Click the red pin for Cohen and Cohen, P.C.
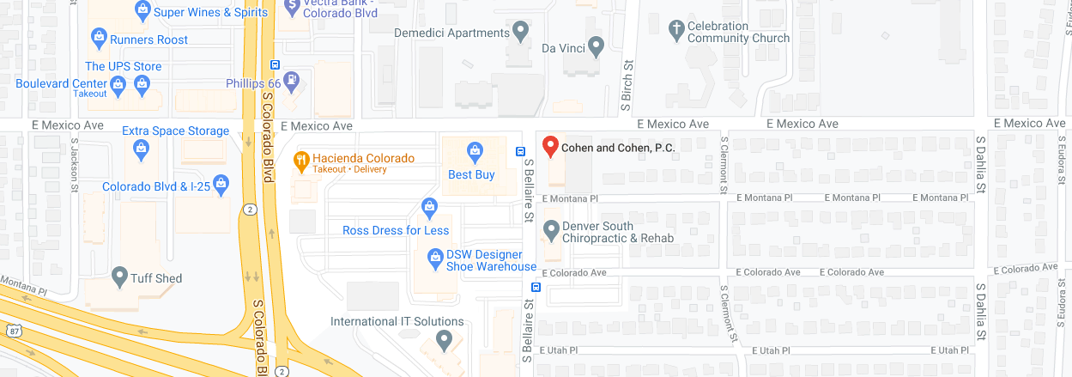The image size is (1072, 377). pyautogui.click(x=550, y=147)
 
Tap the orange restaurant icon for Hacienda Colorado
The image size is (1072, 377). pyautogui.click(x=301, y=159)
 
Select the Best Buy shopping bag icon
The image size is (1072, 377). pyautogui.click(x=473, y=152)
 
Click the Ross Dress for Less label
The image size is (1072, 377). pyautogui.click(x=396, y=230)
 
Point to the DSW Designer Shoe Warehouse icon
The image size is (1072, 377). pyautogui.click(x=434, y=256)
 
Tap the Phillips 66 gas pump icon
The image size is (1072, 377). pyautogui.click(x=294, y=80)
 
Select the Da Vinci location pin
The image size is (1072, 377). pyautogui.click(x=596, y=44)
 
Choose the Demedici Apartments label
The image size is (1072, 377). pyautogui.click(x=451, y=33)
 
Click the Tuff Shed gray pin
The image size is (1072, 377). pyautogui.click(x=119, y=276)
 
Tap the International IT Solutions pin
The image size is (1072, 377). pyautogui.click(x=444, y=340)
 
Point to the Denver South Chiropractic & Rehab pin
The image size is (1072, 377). pyautogui.click(x=551, y=230)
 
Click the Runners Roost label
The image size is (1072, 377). pyautogui.click(x=148, y=40)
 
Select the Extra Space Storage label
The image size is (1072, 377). pyautogui.click(x=175, y=131)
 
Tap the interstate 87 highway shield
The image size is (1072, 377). pyautogui.click(x=12, y=331)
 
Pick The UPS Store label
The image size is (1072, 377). pyautogui.click(x=123, y=66)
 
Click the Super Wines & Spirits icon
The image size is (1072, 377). pyautogui.click(x=142, y=10)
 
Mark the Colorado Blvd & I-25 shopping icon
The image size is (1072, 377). pyautogui.click(x=221, y=184)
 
